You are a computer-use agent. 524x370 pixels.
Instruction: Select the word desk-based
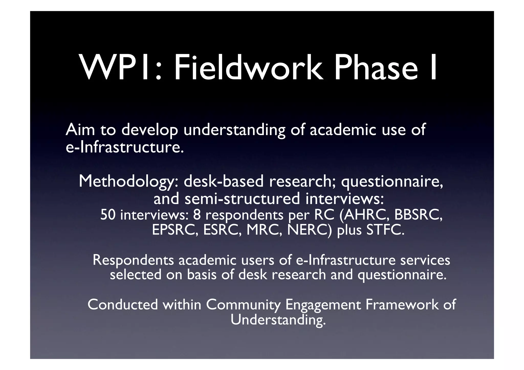click(223, 181)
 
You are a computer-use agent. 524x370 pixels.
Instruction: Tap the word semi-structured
click(242, 199)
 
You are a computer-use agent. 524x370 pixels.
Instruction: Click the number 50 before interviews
click(108, 215)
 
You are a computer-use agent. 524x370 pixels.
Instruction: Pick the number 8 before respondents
click(197, 215)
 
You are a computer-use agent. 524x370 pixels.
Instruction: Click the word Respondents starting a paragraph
click(133, 260)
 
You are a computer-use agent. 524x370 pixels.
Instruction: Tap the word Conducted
click(123, 305)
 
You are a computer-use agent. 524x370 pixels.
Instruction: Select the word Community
click(243, 305)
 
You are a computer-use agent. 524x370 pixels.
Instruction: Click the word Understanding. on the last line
click(278, 320)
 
